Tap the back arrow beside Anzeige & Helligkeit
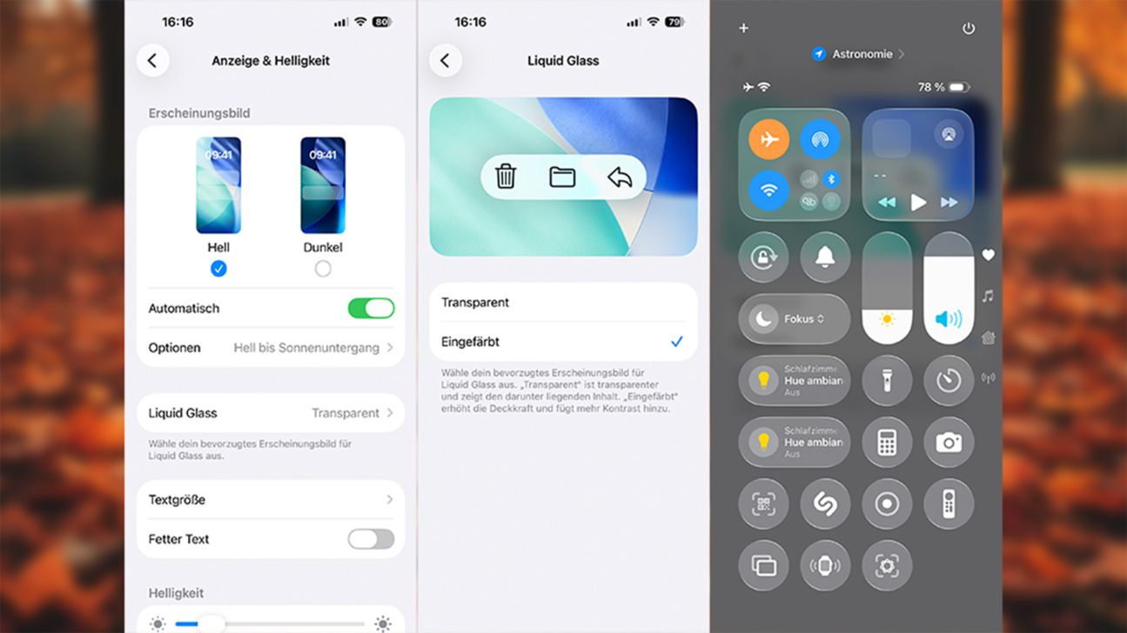pos(152,61)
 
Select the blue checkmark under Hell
pos(218,270)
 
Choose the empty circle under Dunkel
pos(323,270)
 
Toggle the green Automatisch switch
pos(371,309)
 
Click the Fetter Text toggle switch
pos(371,539)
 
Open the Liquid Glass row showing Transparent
pos(271,413)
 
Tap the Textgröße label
pos(177,500)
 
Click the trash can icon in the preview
pos(506,177)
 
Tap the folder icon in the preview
pos(563,177)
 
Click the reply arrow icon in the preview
pos(620,177)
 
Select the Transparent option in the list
pos(475,303)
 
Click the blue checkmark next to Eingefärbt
pos(676,342)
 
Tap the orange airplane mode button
pos(769,140)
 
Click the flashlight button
pos(887,380)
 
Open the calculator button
pos(887,442)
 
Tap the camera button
pos(949,442)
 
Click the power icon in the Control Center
pos(969,29)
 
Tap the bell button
pos(825,257)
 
